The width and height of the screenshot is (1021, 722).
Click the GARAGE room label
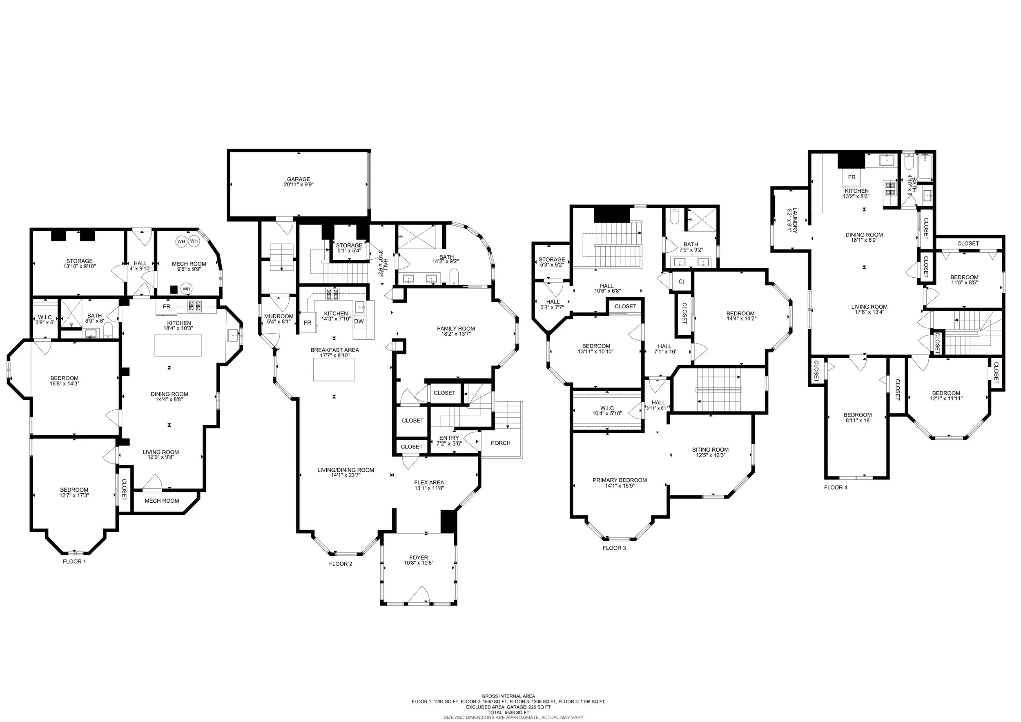pos(299,180)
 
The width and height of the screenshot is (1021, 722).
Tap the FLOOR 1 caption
pos(74,562)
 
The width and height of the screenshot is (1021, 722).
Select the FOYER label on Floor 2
pos(419,557)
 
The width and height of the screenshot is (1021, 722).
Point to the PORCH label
pos(500,443)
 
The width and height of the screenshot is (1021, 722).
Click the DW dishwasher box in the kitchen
pos(359,321)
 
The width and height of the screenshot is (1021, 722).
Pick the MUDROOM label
pos(279,316)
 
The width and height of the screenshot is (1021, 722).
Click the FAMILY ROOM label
pos(456,329)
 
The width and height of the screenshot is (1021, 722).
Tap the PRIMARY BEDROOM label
pos(620,480)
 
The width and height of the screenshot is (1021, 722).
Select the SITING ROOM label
pos(710,450)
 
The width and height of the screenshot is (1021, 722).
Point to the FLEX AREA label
pos(429,482)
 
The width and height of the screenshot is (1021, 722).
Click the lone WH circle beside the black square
pos(186,289)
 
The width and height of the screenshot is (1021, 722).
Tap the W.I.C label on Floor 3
pos(607,408)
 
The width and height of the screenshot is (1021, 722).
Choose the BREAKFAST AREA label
pos(334,350)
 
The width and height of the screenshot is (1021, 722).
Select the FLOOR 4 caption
pos(836,487)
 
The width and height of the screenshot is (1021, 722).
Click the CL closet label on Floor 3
pos(682,281)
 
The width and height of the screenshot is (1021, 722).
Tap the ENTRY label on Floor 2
pos(449,438)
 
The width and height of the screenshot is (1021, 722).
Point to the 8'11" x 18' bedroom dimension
pos(857,420)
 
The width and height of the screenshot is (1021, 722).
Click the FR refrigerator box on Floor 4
pos(852,177)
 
